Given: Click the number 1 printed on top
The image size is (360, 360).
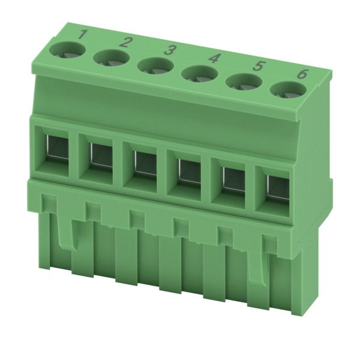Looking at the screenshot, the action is (83, 35).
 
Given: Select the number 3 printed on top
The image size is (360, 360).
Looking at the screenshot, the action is (169, 50).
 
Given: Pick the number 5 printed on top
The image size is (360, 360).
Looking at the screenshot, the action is (258, 66).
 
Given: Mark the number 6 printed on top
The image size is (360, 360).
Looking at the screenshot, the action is (301, 74).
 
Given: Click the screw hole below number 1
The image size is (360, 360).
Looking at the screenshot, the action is (67, 51).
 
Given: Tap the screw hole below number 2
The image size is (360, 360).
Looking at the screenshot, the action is (112, 59).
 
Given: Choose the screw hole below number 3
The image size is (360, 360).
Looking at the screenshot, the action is (155, 67).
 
